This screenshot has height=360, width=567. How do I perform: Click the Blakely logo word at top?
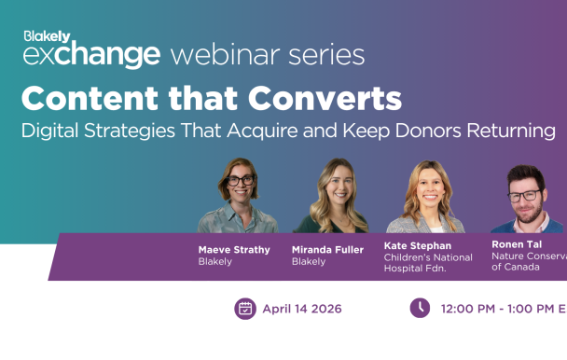(47, 36)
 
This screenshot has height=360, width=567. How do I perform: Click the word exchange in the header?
(90, 55)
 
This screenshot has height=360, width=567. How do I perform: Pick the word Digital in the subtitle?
(49, 131)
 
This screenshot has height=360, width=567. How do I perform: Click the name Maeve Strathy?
(234, 249)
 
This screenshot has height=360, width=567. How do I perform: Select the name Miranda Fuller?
(327, 249)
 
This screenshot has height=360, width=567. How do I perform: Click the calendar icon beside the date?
(245, 309)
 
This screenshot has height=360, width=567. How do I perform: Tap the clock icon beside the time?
(420, 309)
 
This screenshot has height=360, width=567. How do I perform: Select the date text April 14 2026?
(302, 309)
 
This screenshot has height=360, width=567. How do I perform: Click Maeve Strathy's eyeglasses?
(240, 181)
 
